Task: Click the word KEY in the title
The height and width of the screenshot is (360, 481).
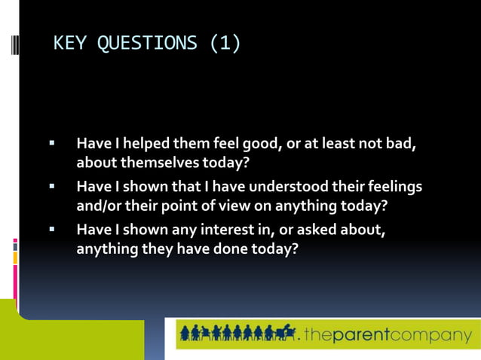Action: point(70,44)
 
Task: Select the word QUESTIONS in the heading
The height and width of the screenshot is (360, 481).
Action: point(148,44)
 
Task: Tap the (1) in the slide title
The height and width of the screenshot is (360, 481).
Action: point(225,44)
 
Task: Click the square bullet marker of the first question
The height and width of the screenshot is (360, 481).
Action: point(52,142)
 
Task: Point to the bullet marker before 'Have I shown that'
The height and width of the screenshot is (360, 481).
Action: point(52,185)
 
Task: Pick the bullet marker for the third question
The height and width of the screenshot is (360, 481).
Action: point(52,228)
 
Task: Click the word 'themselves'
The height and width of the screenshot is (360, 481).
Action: point(157,162)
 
